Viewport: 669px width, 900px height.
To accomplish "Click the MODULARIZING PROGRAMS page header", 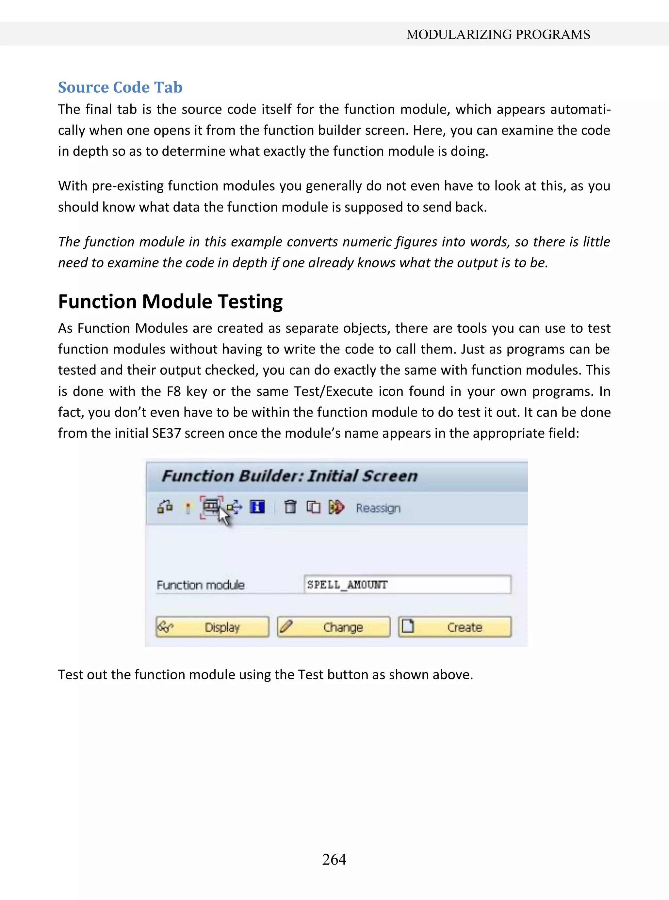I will (x=498, y=34).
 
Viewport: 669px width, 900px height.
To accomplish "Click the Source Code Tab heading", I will (x=120, y=87).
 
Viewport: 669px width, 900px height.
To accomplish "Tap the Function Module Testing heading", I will (x=170, y=302).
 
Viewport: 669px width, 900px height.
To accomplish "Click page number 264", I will (x=334, y=859).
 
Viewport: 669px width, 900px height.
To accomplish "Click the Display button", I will (x=212, y=627).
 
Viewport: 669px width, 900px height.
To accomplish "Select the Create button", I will (x=454, y=627).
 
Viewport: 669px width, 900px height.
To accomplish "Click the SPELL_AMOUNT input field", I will (x=407, y=585).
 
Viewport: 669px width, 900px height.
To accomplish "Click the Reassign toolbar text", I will (x=378, y=508).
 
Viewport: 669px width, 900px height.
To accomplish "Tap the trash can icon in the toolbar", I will (x=290, y=507).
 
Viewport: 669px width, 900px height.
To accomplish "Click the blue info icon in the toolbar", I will (x=257, y=507).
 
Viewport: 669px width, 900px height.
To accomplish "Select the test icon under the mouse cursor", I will (x=211, y=506).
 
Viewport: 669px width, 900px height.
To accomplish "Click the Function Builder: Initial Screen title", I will (x=289, y=476).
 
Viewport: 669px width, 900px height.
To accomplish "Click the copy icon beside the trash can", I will (x=313, y=507).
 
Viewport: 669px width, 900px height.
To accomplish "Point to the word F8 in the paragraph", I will (x=174, y=391).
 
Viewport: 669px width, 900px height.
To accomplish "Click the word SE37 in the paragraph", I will (x=166, y=434).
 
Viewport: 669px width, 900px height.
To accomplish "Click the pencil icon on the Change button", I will (x=286, y=626).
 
